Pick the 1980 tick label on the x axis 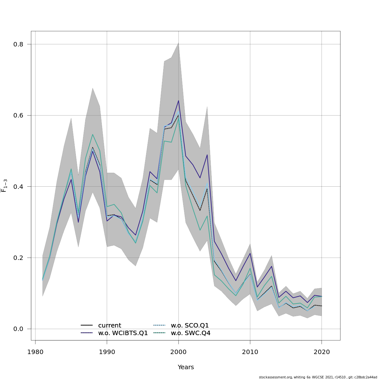tap(35, 352)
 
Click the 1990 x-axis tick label tap(107, 352)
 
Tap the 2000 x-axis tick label tap(178, 352)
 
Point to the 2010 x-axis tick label tap(250, 352)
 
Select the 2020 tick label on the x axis tap(322, 352)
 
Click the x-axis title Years tap(186, 367)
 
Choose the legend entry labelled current tap(109, 326)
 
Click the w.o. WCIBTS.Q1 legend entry tap(123, 333)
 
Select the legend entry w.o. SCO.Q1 tap(189, 326)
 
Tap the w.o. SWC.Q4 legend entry tap(190, 333)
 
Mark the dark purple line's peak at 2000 tap(178, 101)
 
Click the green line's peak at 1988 tap(93, 135)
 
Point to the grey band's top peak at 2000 tap(178, 43)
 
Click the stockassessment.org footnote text tap(318, 377)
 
